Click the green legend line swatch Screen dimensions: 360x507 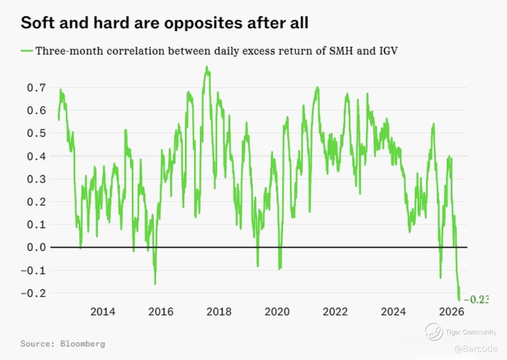pos(27,51)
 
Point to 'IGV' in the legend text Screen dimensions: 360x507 pos(388,51)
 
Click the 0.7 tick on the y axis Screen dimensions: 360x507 pos(36,88)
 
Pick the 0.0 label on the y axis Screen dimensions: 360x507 pos(36,247)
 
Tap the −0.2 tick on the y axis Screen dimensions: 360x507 pos(33,293)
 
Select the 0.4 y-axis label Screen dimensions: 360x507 pos(36,156)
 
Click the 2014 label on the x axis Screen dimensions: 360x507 pos(103,312)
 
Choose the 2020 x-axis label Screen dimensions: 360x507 pos(277,312)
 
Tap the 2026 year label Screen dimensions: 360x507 pos(452,312)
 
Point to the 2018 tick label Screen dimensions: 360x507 pos(219,312)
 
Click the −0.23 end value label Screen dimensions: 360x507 pos(476,300)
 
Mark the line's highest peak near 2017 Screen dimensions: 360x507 pos(207,67)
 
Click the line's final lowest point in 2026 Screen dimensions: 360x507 pos(459,300)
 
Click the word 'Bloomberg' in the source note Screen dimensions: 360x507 pos(83,343)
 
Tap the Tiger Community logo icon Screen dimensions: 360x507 pos(434,332)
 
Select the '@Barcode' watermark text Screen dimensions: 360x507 pos(476,349)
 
